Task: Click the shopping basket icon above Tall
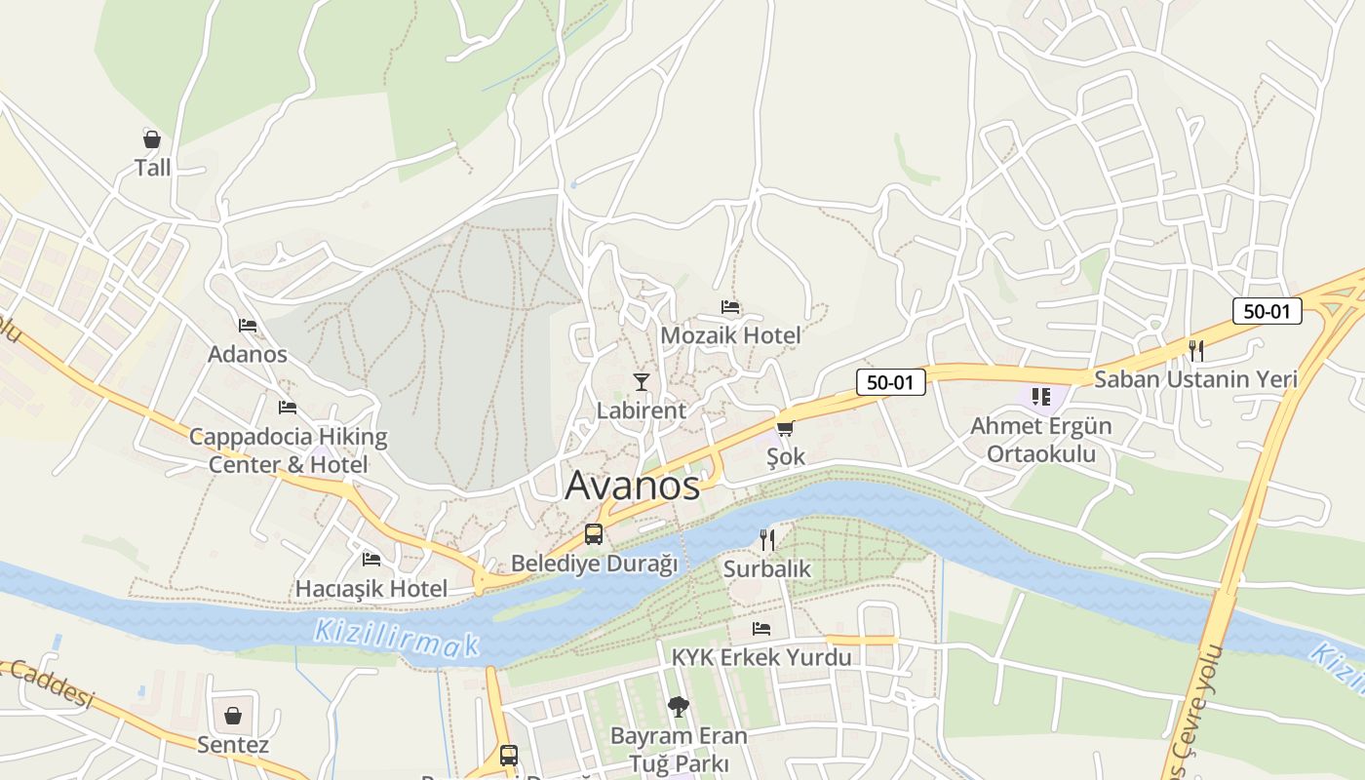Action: [x=152, y=139]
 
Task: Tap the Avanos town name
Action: [x=632, y=486]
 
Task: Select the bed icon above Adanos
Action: [x=248, y=326]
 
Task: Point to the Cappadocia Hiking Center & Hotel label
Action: [x=289, y=450]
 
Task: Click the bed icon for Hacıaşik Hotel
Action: [x=371, y=560]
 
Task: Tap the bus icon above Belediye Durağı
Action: [x=594, y=534]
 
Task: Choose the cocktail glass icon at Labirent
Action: [x=642, y=381]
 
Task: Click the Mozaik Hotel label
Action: [x=730, y=335]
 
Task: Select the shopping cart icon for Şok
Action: [x=785, y=428]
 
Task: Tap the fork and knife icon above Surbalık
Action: [x=767, y=539]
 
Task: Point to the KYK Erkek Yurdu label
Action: [x=761, y=657]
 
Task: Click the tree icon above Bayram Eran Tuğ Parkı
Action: [x=678, y=706]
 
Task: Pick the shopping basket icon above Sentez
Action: [x=233, y=717]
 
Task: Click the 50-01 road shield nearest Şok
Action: [x=890, y=382]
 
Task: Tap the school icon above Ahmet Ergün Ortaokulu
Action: [x=1040, y=397]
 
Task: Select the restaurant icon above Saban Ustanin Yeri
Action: [x=1196, y=350]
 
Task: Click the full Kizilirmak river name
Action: [x=397, y=637]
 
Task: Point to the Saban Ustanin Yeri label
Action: [x=1195, y=379]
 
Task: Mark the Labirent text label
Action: [x=642, y=410]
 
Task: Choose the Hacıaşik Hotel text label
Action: [x=371, y=589]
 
